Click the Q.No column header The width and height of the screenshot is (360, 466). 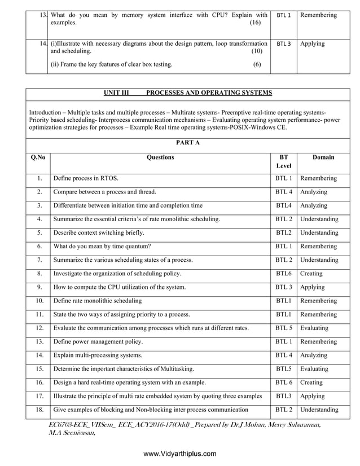[x=38, y=157]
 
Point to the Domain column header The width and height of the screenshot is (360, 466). [x=323, y=157]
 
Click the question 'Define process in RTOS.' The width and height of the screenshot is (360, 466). [x=86, y=178]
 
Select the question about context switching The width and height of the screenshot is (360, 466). [x=99, y=232]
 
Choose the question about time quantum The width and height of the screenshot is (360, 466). [x=102, y=246]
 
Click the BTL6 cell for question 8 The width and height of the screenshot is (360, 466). [x=283, y=274]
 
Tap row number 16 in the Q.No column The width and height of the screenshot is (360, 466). [x=39, y=383]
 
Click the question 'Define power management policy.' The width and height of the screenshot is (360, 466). [x=98, y=341]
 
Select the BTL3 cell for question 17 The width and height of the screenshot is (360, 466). [x=283, y=396]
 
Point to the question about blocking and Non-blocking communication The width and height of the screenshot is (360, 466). [x=151, y=410]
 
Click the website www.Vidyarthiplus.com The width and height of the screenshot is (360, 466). [x=180, y=454]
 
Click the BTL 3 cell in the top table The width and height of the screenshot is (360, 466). [x=284, y=43]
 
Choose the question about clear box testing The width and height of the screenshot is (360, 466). [x=112, y=64]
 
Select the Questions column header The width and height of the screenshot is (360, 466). [x=160, y=157]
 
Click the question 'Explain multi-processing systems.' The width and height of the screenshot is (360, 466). [x=98, y=355]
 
